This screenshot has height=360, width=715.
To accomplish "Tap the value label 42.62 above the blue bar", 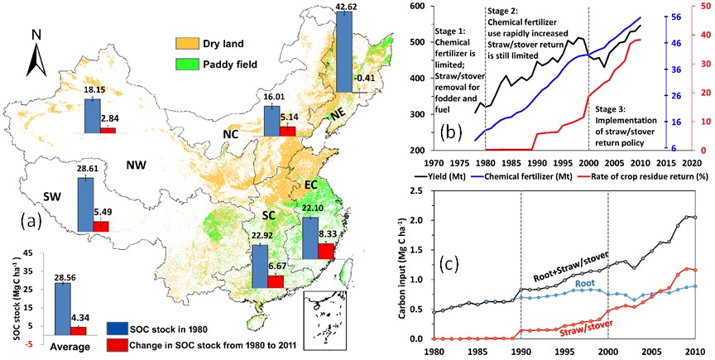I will (346, 7).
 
